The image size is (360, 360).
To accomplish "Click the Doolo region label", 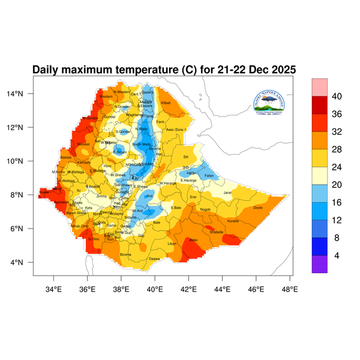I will click(258, 207).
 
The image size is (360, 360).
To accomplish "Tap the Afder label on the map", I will click(193, 240).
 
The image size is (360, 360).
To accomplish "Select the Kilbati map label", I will click(166, 103).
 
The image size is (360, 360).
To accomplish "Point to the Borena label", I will click(125, 254).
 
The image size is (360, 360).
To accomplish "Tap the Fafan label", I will click(209, 175).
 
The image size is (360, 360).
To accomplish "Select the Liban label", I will click(172, 244).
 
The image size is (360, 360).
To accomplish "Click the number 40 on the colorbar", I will click(337, 96).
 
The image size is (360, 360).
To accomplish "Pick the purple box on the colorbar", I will click(319, 264).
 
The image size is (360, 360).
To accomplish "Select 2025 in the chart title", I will click(282, 70).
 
